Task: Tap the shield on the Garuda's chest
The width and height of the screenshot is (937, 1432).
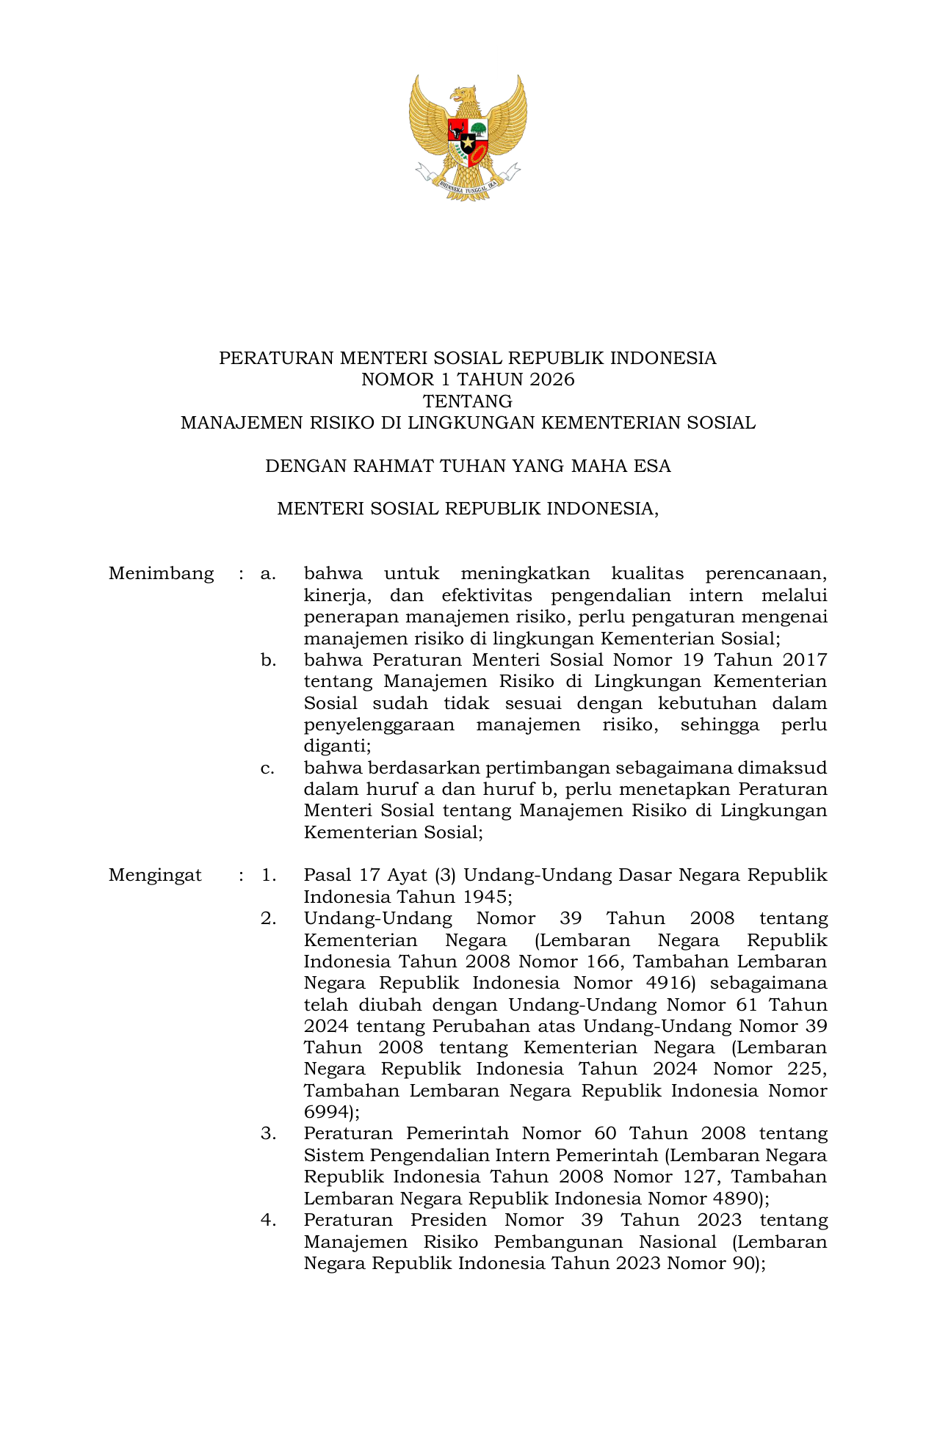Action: [x=468, y=139]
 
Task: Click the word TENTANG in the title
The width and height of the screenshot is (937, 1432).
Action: [x=468, y=401]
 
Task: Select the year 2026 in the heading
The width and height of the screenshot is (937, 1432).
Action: [x=551, y=379]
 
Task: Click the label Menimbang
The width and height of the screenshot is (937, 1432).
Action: [x=161, y=573]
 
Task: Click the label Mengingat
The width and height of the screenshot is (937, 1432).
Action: [x=155, y=875]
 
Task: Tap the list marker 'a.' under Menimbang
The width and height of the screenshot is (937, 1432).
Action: [x=268, y=573]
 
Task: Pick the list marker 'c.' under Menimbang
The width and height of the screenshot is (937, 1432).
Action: [x=268, y=768]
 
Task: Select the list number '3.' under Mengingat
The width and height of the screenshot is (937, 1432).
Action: [x=268, y=1133]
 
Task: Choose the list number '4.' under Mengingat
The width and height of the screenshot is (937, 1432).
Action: [x=268, y=1220]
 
